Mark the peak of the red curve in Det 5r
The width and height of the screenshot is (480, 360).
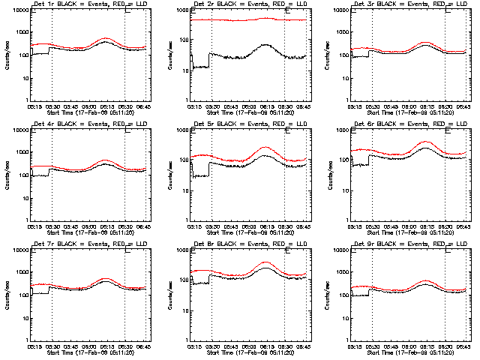pos(265,148)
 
